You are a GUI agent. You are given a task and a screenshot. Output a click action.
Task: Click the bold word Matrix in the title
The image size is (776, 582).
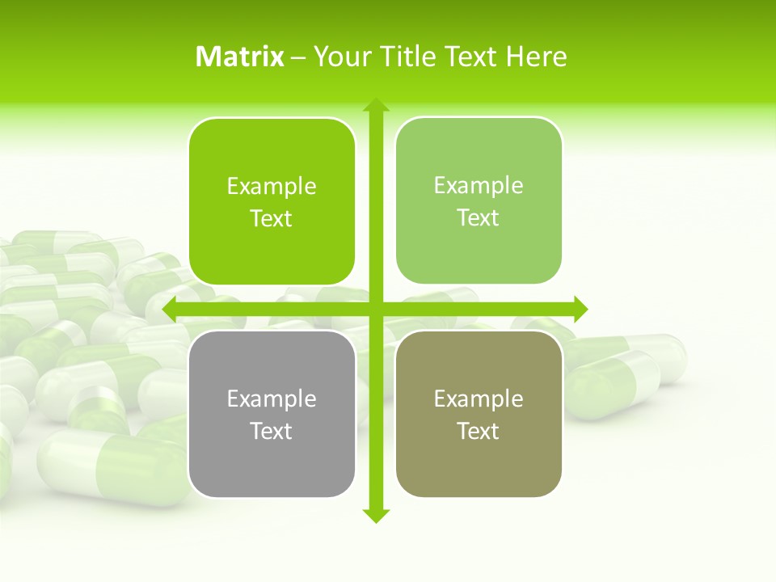tap(240, 57)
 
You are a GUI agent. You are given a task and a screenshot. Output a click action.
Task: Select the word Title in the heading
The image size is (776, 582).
tap(409, 57)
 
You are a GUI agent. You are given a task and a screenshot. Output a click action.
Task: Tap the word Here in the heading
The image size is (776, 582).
tap(536, 57)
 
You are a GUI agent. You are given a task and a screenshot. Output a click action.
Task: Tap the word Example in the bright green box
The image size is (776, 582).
tap(272, 187)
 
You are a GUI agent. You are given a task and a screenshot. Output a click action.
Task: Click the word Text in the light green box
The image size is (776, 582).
tap(479, 218)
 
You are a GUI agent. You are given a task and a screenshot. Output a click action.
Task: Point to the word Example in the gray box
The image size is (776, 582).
tap(272, 399)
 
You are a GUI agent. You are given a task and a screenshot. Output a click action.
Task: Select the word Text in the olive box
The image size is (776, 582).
tap(479, 431)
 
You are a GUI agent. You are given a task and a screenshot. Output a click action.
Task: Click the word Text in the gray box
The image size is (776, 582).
tap(272, 431)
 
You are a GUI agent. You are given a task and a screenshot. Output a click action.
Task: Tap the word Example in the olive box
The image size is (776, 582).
tap(479, 399)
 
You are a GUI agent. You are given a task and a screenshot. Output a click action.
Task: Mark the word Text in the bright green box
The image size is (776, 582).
tap(272, 219)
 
